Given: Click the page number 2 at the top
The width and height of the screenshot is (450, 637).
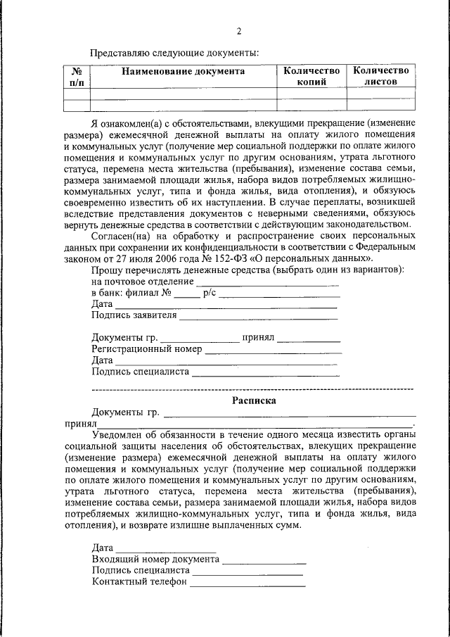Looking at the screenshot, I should pyautogui.click(x=238, y=32).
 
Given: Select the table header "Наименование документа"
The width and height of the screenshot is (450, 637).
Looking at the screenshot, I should pyautogui.click(x=184, y=71).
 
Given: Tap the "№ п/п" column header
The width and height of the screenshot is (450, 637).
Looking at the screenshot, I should pyautogui.click(x=77, y=77).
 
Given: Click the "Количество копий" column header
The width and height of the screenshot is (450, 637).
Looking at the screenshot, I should pyautogui.click(x=311, y=76).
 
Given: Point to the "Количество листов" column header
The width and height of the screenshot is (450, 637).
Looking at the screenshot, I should pyautogui.click(x=380, y=76).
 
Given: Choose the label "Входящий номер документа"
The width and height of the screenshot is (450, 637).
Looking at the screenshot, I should pyautogui.click(x=155, y=559).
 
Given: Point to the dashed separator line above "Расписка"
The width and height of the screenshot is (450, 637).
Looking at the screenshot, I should pyautogui.click(x=252, y=388).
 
